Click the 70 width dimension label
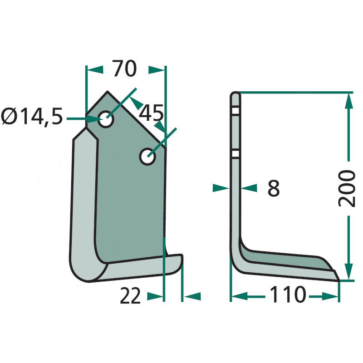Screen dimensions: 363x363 [x=125, y=69]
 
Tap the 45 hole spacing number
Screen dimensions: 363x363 [x=151, y=113]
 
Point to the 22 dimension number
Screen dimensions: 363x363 [x=130, y=296]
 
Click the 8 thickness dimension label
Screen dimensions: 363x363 [x=274, y=188]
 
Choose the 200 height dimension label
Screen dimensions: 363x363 [x=347, y=188]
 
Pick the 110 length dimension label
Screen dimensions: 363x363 [x=288, y=294]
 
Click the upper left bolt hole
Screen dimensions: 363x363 [x=106, y=119]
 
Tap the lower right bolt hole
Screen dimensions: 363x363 [x=147, y=157]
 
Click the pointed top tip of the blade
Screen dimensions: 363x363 [x=108, y=92]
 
